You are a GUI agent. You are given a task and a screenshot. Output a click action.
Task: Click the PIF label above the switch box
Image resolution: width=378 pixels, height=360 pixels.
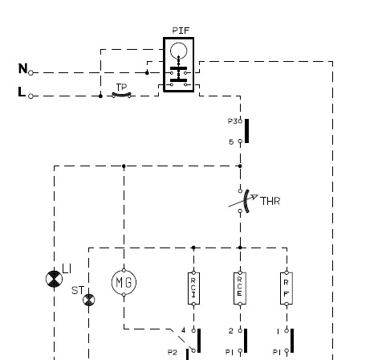tap(181, 31)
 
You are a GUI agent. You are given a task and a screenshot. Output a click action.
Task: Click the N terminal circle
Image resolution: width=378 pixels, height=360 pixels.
tap(30, 72)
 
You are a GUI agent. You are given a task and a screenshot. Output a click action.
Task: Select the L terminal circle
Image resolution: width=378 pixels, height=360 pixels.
tap(30, 96)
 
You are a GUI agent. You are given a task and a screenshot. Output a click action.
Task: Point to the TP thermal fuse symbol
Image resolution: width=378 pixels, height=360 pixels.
tap(121, 95)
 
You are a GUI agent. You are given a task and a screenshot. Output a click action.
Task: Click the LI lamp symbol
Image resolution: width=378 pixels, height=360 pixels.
tap(54, 279)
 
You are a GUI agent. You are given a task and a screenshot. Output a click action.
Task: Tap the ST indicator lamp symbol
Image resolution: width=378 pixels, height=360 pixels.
tap(89, 300)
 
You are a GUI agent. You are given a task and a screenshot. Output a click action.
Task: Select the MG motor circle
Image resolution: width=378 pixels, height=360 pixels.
tap(124, 282)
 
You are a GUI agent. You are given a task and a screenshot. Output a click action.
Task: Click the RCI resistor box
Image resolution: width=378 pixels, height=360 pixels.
tap(193, 288)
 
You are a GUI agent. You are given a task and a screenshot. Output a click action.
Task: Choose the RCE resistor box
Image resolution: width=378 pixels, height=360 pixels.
tap(240, 288)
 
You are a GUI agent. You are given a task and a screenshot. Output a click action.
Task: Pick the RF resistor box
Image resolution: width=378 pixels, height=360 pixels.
tap(287, 288)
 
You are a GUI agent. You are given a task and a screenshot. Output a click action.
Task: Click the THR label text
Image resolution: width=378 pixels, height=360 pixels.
tap(270, 201)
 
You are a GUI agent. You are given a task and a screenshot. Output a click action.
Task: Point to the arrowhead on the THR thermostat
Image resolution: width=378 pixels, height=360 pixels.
tap(254, 197)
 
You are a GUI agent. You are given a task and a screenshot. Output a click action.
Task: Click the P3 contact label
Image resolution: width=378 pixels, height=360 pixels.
tap(232, 121)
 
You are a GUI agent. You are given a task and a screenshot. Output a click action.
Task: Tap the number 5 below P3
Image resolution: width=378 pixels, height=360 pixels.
tap(231, 141)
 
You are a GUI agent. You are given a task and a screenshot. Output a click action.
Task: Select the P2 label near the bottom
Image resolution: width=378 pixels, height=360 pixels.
tap(173, 353)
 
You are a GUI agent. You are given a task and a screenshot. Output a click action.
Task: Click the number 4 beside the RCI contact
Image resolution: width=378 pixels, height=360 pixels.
tap(183, 330)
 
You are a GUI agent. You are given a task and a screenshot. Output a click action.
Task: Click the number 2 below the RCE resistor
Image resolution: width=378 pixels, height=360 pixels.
tap(231, 331)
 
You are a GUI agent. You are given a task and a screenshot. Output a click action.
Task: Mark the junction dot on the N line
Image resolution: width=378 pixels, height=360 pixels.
tap(147, 72)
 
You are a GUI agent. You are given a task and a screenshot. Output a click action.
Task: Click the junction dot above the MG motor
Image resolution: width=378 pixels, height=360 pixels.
tap(124, 166)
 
